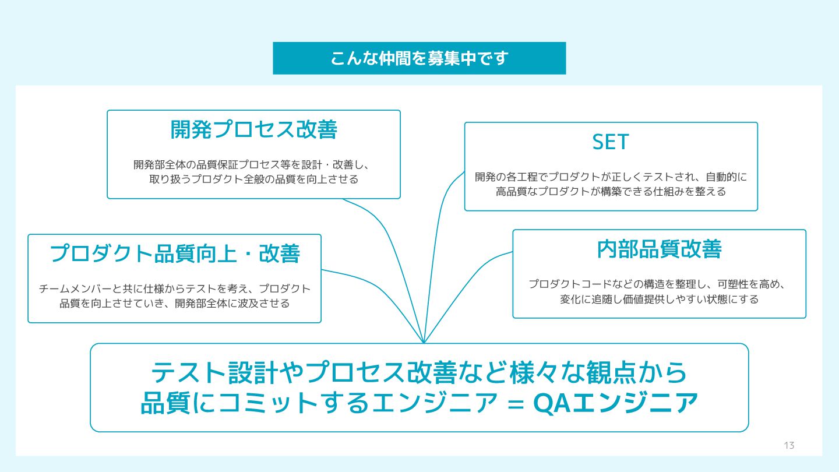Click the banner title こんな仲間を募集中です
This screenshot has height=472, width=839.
pos(419,58)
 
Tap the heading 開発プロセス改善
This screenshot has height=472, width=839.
pos(253,130)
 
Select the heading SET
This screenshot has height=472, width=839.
pos(611,142)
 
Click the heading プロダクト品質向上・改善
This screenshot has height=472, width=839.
pos(175,253)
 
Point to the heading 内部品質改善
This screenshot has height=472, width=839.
pos(659,249)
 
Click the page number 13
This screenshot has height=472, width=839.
pos(789,446)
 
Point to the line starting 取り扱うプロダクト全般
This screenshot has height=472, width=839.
pos(253,179)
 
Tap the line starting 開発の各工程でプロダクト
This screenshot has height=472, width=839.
pos(611,177)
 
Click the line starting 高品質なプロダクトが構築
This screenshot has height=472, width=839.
pos(611,192)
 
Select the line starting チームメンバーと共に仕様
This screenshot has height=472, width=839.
pos(175,288)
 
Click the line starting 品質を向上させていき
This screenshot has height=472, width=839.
pos(175,304)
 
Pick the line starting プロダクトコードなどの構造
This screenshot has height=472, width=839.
pos(658,284)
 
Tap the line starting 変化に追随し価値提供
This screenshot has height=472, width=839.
pos(659,300)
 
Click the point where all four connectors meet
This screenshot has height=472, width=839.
pos(424,343)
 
